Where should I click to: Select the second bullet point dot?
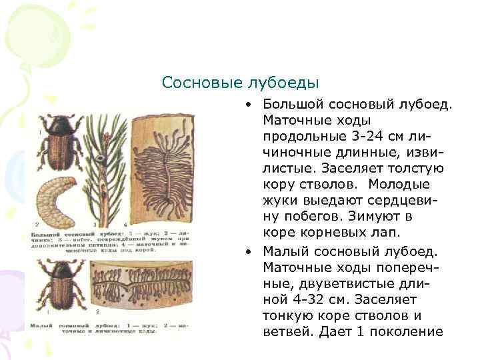pos(247,251)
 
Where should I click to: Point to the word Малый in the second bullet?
pos(283,251)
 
